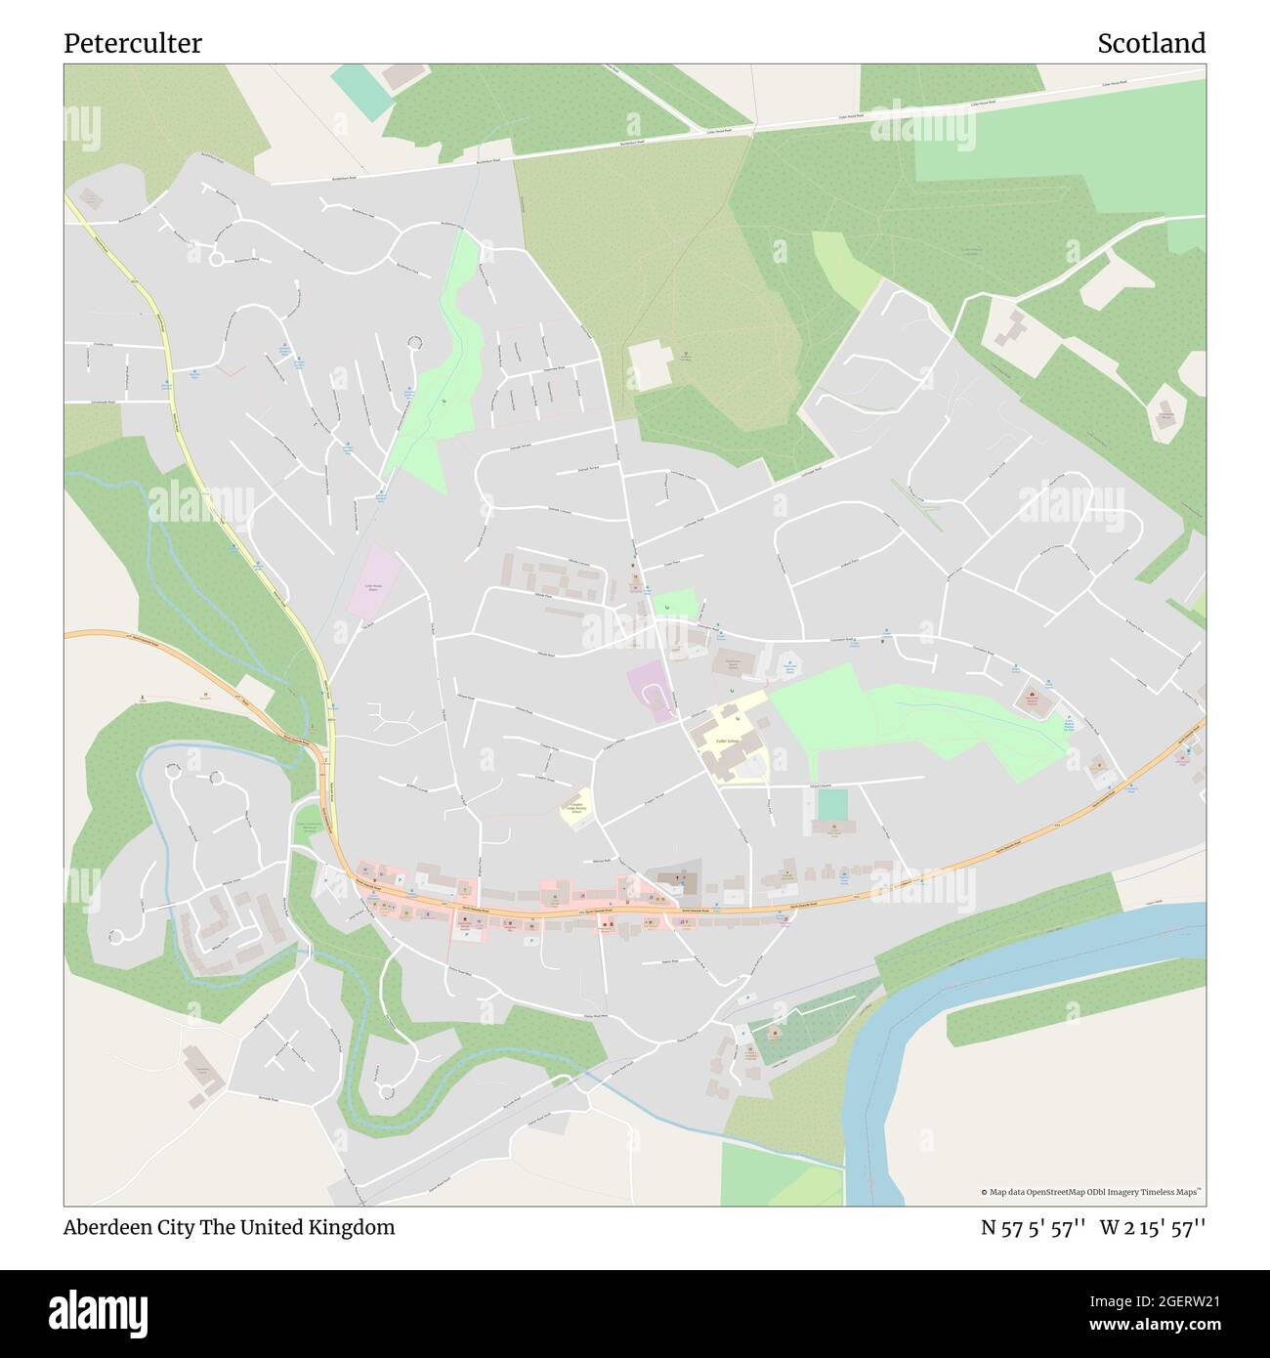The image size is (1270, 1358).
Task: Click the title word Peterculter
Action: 133,44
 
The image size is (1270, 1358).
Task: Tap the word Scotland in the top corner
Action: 1151,44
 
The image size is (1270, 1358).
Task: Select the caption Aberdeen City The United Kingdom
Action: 230,1227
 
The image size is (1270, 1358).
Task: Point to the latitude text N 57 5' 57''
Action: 1035,1227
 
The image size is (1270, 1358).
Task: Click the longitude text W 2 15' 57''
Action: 1153,1227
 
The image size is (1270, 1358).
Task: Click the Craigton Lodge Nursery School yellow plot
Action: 576,808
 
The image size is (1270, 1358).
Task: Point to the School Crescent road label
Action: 819,783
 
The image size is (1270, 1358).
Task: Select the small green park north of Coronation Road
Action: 674,605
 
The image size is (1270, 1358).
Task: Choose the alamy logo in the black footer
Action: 100,1312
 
